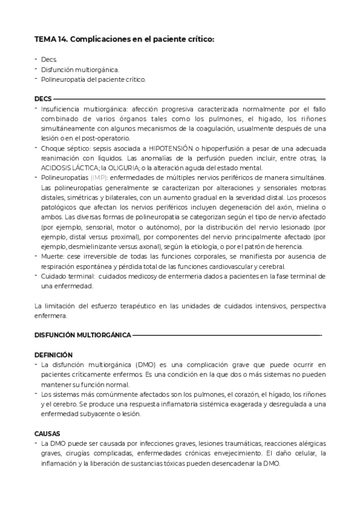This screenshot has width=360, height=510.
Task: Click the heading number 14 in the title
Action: pyautogui.click(x=63, y=39)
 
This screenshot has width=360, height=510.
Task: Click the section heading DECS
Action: pyautogui.click(x=43, y=99)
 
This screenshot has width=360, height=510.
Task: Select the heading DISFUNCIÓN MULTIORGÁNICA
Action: pyautogui.click(x=82, y=334)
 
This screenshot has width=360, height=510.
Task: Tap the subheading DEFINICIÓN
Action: pyautogui.click(x=53, y=355)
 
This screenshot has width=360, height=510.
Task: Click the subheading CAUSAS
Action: pyautogui.click(x=47, y=433)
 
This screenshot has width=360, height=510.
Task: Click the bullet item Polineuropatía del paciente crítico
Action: pyautogui.click(x=93, y=79)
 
